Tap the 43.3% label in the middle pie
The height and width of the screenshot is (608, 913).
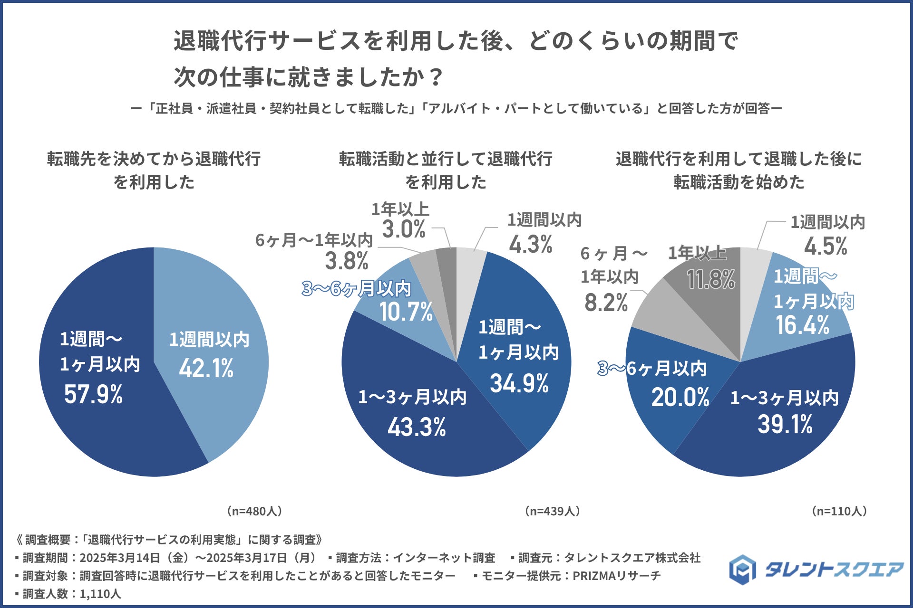(417, 427)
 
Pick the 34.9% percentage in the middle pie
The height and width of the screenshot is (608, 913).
(519, 383)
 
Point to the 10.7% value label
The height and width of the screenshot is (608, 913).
(406, 312)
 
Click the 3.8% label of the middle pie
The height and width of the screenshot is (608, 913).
(347, 261)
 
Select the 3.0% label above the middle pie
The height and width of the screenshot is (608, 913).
(404, 230)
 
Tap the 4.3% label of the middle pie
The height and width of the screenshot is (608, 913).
(531, 245)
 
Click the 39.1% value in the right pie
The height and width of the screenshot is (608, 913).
(785, 424)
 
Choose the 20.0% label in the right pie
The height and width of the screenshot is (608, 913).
(680, 398)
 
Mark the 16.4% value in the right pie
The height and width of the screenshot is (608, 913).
(802, 325)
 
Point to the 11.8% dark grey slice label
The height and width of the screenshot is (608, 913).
(711, 279)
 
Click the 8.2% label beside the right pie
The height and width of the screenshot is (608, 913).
(606, 303)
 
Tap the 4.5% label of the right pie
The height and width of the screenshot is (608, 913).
(826, 247)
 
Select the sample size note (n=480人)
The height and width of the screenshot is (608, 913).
(254, 511)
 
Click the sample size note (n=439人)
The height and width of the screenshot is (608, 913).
(552, 511)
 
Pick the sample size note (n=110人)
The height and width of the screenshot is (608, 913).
(839, 511)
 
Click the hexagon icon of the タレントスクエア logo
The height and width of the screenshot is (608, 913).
(743, 569)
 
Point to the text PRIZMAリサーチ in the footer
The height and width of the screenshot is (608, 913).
(616, 576)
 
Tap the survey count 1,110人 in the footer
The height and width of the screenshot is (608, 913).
(100, 594)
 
